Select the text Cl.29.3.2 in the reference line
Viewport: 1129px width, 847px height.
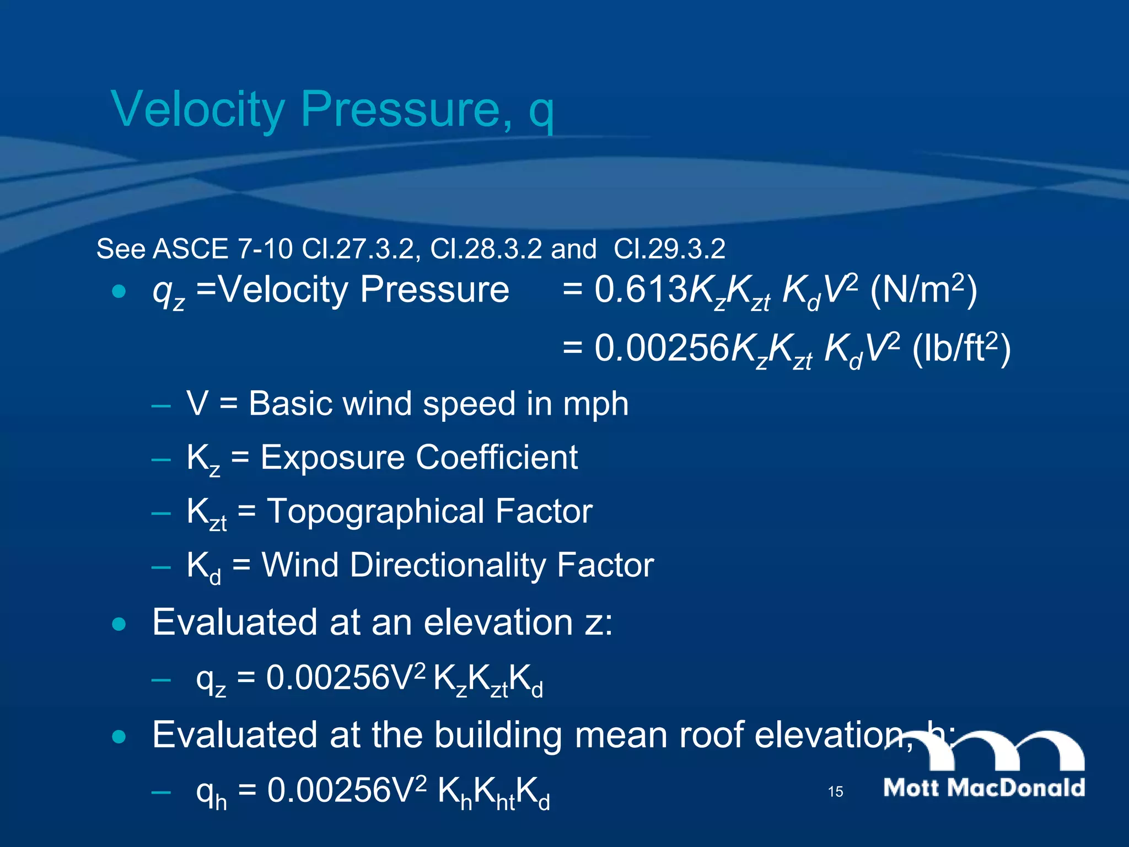pos(669,249)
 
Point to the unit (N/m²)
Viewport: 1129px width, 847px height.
pos(923,290)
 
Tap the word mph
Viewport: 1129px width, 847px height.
pos(595,404)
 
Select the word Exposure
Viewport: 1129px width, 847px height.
pos(332,458)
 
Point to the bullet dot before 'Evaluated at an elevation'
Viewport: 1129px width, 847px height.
pos(119,625)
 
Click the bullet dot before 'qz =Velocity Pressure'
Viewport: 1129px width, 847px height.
pos(119,291)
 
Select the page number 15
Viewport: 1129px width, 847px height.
pos(835,792)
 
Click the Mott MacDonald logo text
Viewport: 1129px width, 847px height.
pos(984,787)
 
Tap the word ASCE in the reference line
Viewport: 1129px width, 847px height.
pos(190,249)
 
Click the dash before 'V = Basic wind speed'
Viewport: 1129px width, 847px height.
pos(160,406)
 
